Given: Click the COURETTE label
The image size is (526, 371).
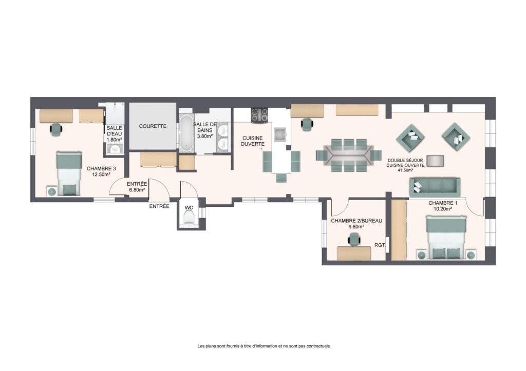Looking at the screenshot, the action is point(153,126).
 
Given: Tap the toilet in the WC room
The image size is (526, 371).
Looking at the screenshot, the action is point(189,220).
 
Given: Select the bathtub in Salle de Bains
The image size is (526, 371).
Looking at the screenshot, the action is point(186,133).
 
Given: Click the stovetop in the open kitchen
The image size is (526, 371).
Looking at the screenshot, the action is point(259,115).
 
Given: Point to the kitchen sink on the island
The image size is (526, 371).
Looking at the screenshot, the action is point(280,135).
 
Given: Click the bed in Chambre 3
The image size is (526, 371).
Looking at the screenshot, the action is point(69,173).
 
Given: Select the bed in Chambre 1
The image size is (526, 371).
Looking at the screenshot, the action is point(446,237).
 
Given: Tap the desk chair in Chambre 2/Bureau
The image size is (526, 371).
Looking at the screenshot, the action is point(354,240).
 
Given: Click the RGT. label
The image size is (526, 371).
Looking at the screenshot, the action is point(380,245).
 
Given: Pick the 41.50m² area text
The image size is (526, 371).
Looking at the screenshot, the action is point(406,170).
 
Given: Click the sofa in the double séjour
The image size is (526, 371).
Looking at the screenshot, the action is point(435,187).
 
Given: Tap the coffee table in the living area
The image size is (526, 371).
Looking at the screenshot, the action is point(435,161).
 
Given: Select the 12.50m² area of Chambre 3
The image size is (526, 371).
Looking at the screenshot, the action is point(101,174).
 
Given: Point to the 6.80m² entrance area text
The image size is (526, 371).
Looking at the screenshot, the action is point(137,190).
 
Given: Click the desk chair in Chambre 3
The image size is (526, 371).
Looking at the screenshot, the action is point(56,129).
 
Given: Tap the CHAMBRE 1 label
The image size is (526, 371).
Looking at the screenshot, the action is point(443,203).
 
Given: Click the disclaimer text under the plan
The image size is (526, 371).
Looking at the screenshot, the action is point(264,346).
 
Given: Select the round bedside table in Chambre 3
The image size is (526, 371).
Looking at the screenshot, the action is point(52,191).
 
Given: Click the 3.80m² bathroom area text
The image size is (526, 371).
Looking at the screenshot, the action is point(204,136).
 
